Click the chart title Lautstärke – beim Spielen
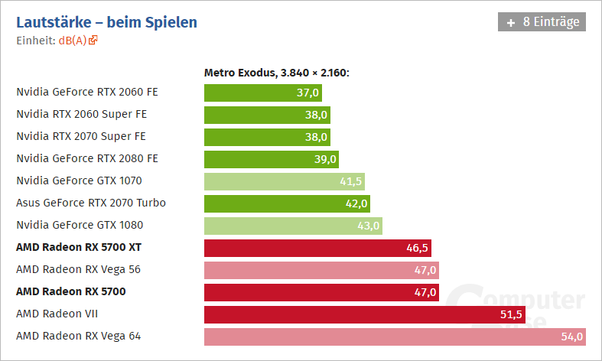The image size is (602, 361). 106,22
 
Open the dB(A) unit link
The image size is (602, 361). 73,41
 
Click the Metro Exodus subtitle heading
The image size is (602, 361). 276,73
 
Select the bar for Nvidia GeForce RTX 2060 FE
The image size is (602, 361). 262,93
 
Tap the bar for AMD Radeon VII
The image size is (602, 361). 364,314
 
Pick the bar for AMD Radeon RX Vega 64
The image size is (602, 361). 395,336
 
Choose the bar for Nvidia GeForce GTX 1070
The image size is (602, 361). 284,181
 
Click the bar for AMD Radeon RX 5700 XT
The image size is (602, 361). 317,247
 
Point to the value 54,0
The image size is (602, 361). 573,336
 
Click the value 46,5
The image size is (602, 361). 418,247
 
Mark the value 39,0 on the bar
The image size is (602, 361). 325,159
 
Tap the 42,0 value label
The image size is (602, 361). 357,203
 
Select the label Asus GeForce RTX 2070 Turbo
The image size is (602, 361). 91,203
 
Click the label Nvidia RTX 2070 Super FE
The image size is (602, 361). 81,136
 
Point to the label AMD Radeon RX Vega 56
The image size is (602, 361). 78,269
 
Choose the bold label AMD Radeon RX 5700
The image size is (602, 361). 71,291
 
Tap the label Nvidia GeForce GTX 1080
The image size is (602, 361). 80,225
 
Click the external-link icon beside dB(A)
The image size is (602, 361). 93,41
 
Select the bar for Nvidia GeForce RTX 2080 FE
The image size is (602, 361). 271,159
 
